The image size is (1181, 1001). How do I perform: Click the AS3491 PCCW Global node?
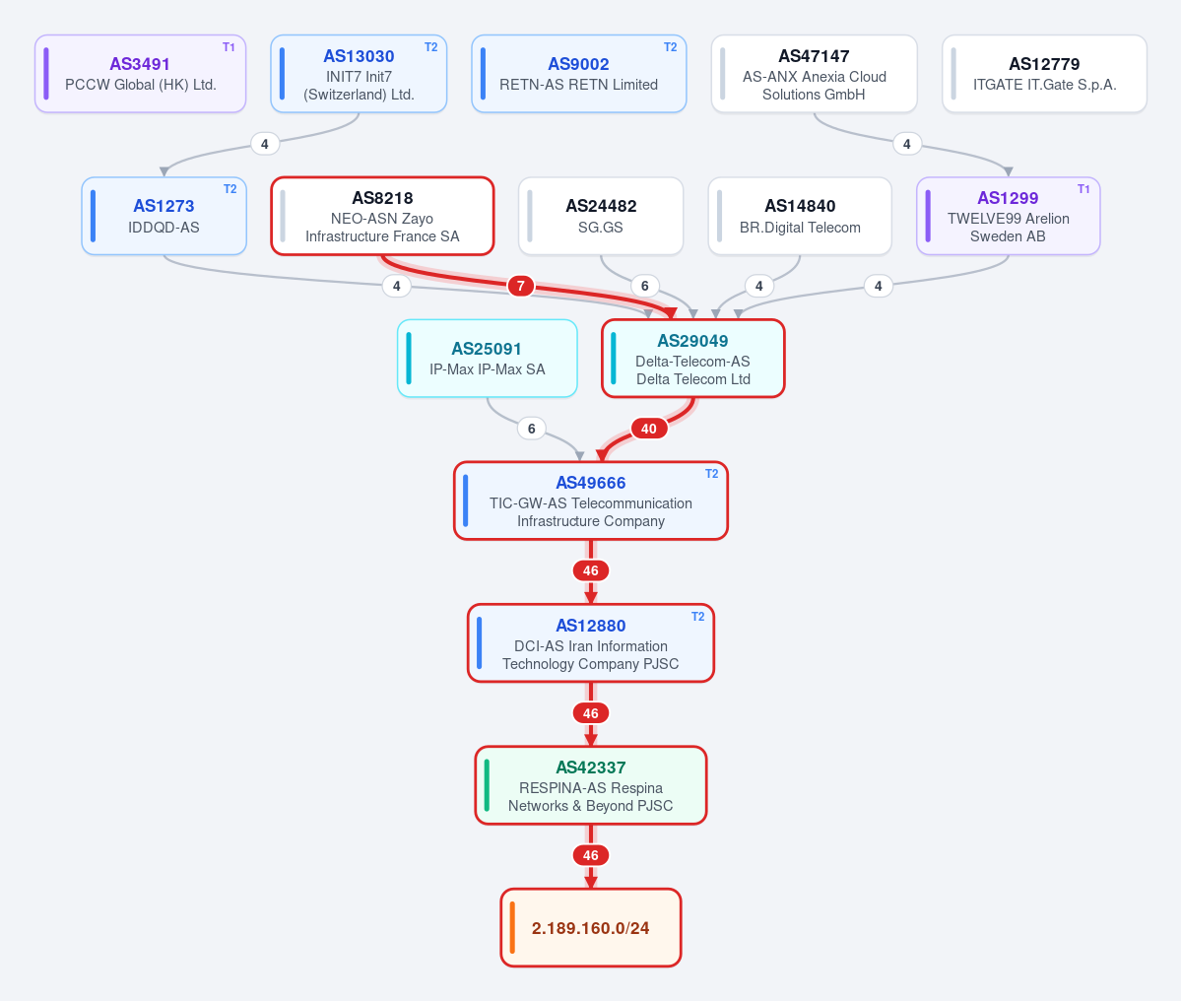(x=140, y=74)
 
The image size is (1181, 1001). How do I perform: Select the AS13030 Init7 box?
(x=359, y=74)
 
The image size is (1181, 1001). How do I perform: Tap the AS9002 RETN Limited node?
(x=578, y=74)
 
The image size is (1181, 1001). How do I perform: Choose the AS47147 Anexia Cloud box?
(x=815, y=74)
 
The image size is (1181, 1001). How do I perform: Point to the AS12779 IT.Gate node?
(x=1045, y=74)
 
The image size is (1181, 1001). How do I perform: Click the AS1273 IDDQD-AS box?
(x=164, y=216)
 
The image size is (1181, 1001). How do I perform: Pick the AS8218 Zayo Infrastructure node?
(x=382, y=216)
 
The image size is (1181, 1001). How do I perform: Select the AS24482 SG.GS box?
(x=601, y=216)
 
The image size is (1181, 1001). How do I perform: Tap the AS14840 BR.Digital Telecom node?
(x=800, y=216)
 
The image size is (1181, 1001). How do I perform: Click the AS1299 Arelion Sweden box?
(x=1009, y=216)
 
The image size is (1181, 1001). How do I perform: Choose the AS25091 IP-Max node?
(x=488, y=359)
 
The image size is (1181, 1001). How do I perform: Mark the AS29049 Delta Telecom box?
(x=692, y=359)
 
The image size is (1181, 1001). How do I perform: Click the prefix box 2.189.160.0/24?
(x=591, y=928)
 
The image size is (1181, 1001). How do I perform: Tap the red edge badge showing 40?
(x=648, y=429)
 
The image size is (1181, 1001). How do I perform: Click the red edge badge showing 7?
(x=520, y=287)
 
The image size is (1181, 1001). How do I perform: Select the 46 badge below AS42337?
(x=591, y=855)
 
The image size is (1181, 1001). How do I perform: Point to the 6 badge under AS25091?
(x=532, y=429)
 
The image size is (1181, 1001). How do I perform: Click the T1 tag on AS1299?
(x=1083, y=189)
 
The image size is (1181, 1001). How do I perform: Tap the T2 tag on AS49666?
(x=712, y=474)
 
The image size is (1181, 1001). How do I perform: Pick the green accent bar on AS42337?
(x=487, y=785)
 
